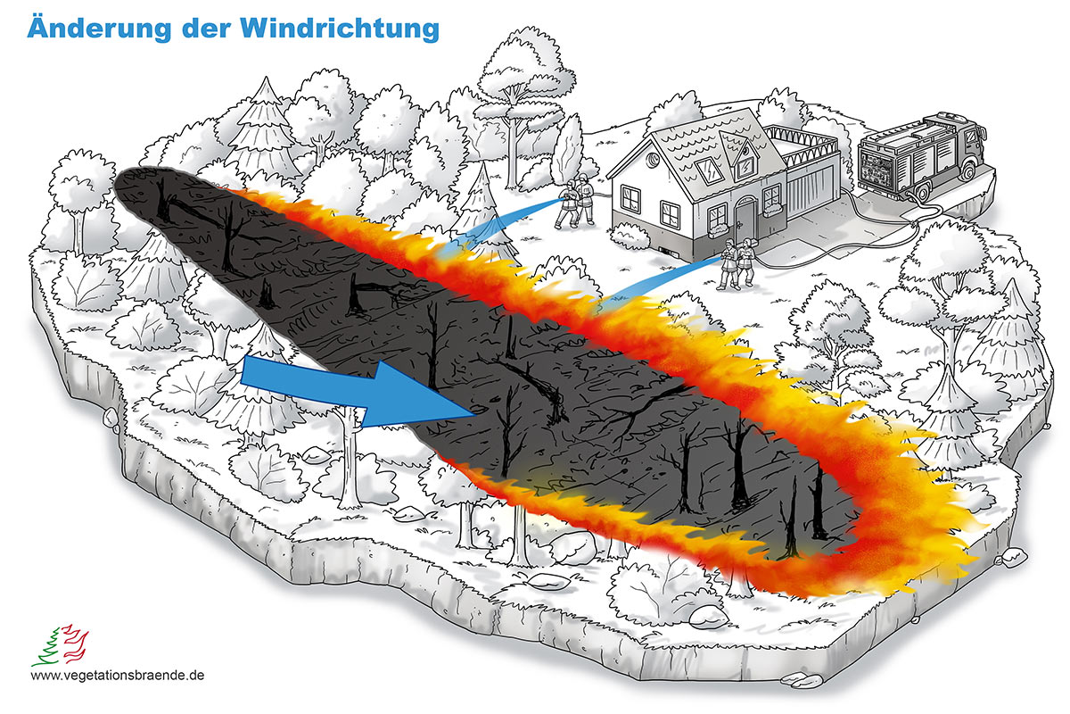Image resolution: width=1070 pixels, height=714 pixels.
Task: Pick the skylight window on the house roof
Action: pos(711,170)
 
